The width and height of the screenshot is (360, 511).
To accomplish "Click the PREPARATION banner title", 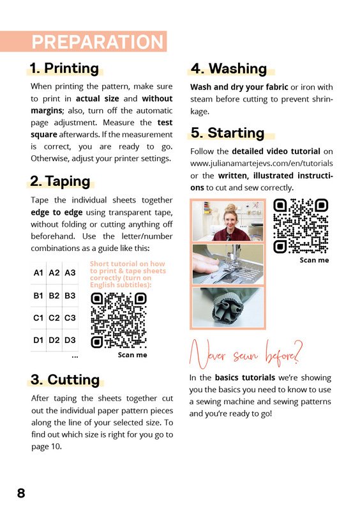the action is click(98, 42).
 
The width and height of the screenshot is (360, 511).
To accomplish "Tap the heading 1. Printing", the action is click(64, 68).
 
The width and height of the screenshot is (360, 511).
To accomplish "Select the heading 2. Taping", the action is click(60, 181).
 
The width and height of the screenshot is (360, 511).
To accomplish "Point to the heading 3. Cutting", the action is click(65, 379).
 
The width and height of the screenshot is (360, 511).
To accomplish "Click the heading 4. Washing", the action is click(229, 68).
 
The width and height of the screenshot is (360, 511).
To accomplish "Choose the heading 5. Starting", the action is click(227, 133).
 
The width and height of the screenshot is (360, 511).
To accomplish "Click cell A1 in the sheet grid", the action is click(38, 273).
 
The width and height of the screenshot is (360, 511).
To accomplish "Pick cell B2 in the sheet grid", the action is click(54, 296).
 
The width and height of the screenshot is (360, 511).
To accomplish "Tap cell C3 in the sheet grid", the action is click(70, 317).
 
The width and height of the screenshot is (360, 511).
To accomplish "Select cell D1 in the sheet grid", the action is click(38, 340).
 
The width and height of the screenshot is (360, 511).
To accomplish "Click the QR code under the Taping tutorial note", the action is click(119, 321).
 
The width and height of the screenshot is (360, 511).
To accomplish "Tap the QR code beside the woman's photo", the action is click(301, 226).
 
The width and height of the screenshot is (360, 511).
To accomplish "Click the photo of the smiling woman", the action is click(228, 221).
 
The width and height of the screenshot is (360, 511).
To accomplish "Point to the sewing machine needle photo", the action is click(228, 264).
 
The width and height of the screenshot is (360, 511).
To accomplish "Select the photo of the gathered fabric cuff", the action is click(228, 307).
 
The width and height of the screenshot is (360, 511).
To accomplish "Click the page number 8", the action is click(21, 493).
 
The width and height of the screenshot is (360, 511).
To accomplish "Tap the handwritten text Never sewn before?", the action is click(246, 355).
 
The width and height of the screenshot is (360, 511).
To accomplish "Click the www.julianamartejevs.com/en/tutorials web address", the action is click(262, 164).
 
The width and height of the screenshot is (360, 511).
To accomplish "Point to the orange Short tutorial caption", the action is click(128, 274).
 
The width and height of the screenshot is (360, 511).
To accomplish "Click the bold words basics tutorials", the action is click(245, 378).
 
